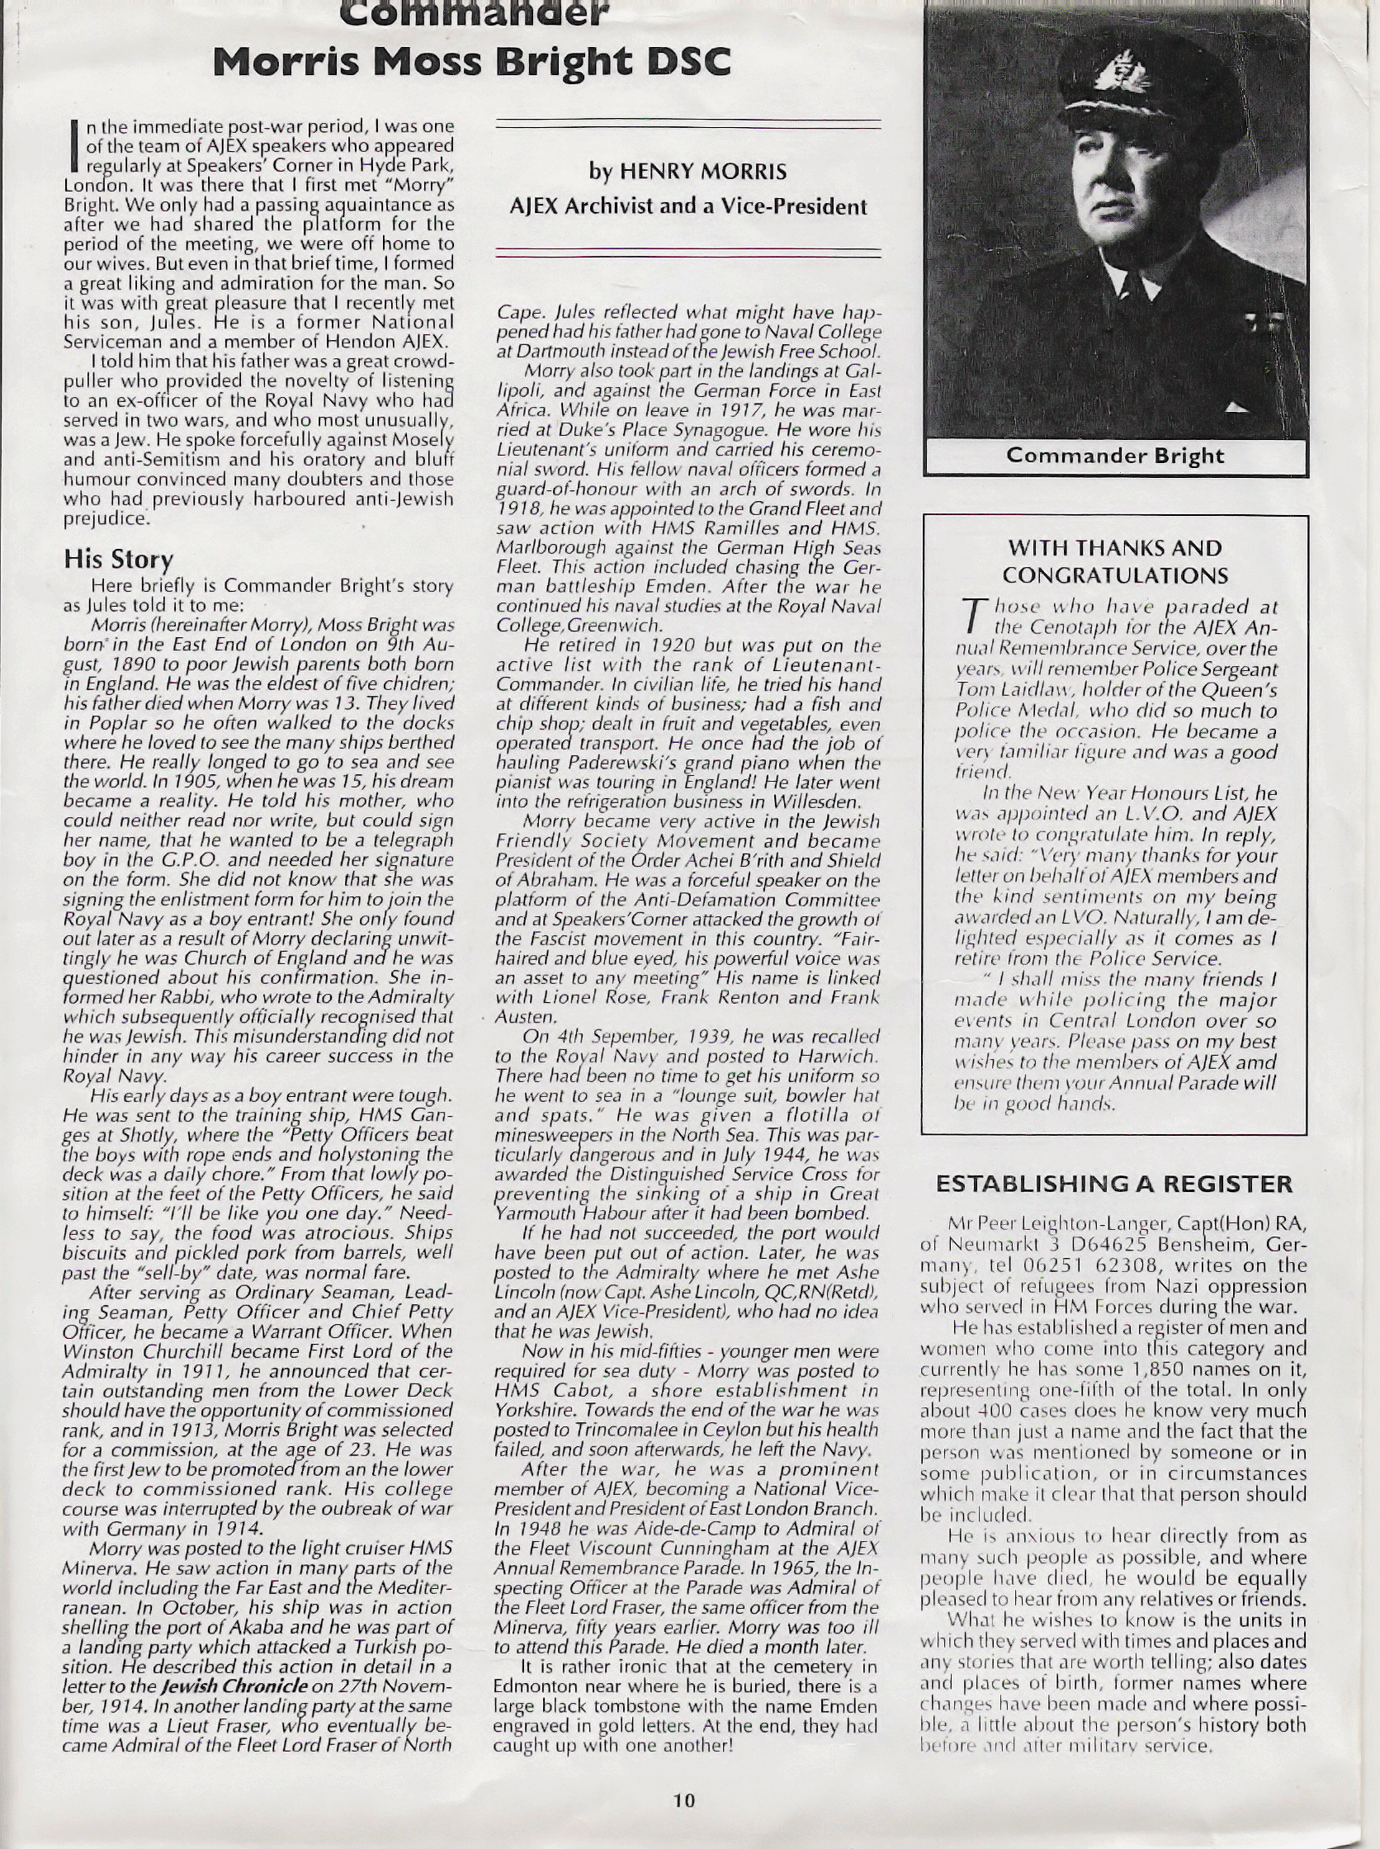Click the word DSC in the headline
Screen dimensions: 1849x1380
coord(680,64)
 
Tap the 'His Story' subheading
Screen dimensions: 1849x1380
coord(118,559)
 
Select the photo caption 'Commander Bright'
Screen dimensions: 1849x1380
coord(1114,456)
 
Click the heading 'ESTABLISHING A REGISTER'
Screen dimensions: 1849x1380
coord(1113,1184)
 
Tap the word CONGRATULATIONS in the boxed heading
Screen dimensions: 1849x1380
coord(1115,575)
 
